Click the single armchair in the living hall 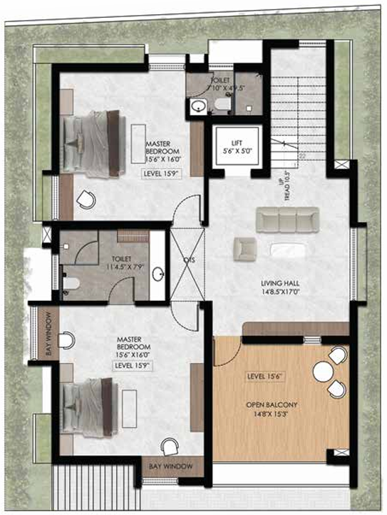pos(244,249)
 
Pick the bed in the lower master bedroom pos(89,408)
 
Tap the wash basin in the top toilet pos(197,107)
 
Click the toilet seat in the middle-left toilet pos(70,282)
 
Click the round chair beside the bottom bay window pos(170,447)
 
